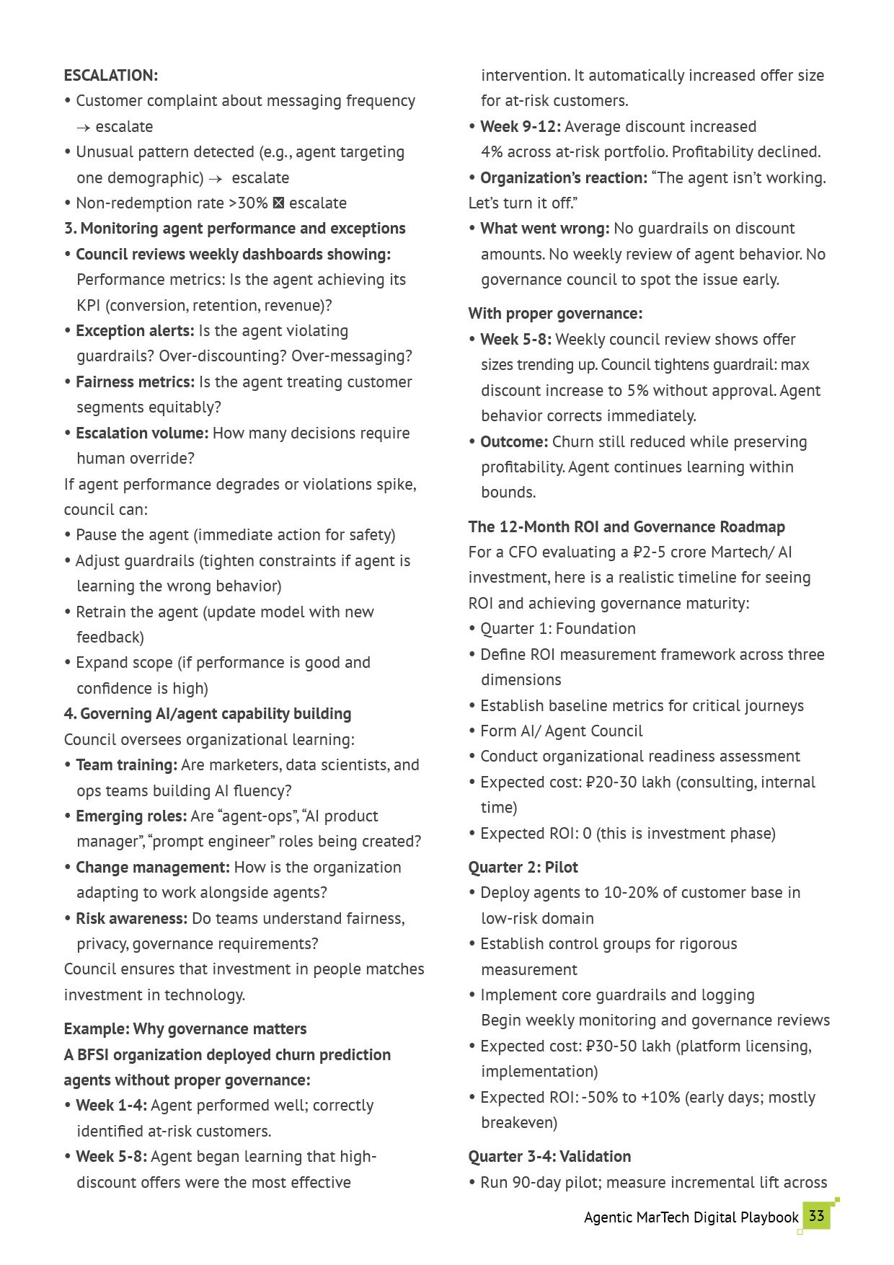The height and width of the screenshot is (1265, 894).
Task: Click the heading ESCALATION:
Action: point(111,76)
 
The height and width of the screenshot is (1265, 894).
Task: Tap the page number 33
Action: point(816,1216)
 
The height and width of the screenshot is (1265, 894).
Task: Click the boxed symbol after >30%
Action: point(279,203)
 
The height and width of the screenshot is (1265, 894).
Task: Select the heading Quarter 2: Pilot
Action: point(523,868)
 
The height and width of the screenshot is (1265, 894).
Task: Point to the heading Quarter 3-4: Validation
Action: point(549,1157)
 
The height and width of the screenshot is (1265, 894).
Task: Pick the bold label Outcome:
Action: point(514,442)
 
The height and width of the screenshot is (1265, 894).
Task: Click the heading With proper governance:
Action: point(555,314)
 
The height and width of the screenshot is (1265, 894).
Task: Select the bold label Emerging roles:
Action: point(131,816)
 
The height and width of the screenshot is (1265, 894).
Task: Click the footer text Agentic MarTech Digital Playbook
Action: point(691,1217)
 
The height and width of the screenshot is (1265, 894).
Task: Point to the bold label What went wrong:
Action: point(545,229)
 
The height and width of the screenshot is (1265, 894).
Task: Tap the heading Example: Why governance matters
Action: point(185,1029)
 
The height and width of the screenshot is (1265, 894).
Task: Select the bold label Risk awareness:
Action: point(132,919)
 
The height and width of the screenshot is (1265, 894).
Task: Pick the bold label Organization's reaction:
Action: point(564,178)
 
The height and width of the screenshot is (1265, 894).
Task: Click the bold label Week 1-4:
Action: point(112,1106)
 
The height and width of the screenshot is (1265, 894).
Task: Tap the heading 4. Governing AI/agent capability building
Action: point(208,714)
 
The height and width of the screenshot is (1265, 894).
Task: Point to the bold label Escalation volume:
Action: point(142,433)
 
